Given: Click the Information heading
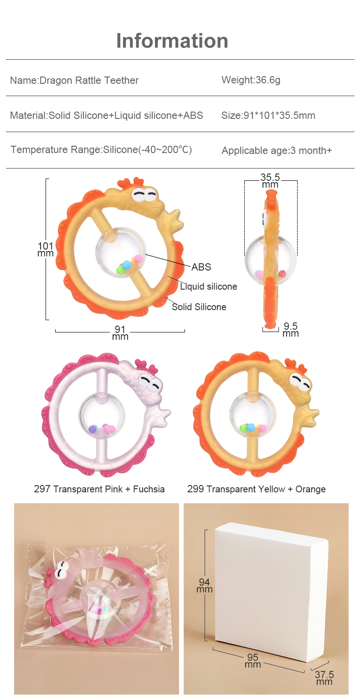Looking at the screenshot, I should (172, 41).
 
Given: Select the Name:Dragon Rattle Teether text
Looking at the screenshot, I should (74, 81).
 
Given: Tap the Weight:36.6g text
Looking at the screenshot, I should (251, 80).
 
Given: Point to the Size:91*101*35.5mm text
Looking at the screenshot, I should (268, 116).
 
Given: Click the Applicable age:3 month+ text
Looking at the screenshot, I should (277, 150).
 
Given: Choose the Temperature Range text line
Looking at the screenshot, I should (101, 150).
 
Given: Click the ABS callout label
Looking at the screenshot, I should (201, 267).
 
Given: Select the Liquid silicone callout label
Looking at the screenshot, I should (208, 286).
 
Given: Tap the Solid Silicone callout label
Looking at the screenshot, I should (199, 307).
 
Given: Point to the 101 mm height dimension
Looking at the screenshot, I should (46, 249).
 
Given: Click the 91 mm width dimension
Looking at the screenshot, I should (120, 333).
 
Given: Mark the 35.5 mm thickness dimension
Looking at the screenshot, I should (270, 181).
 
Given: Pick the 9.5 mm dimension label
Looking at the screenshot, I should (290, 329).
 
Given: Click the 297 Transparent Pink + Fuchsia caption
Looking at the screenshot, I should (99, 490).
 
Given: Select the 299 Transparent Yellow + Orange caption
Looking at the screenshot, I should (256, 490).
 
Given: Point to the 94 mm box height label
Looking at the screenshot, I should (205, 585).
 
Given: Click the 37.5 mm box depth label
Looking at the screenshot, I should (324, 678).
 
